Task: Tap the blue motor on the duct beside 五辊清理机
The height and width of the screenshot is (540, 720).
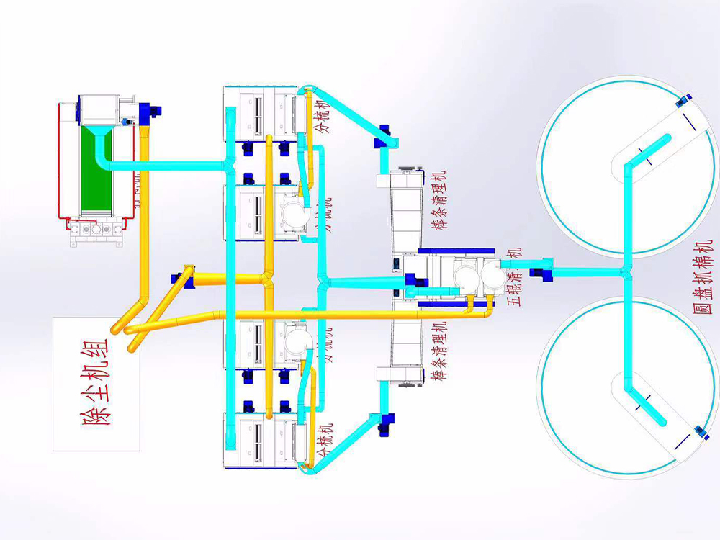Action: coord(541,271)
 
